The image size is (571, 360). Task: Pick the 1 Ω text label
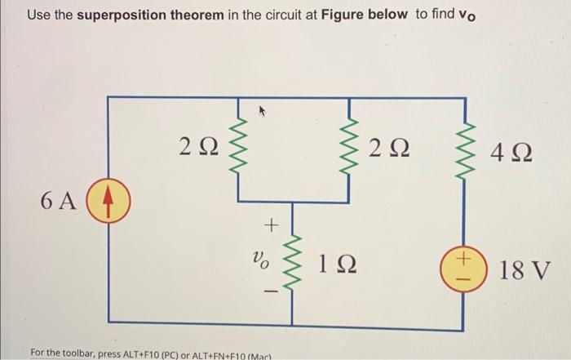336,262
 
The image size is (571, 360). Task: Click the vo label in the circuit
257,262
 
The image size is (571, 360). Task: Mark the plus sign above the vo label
272,221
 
